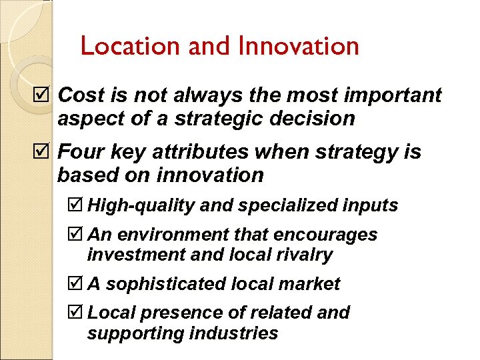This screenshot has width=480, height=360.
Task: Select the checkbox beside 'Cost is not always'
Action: point(45,95)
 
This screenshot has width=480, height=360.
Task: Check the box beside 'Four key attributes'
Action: point(45,153)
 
